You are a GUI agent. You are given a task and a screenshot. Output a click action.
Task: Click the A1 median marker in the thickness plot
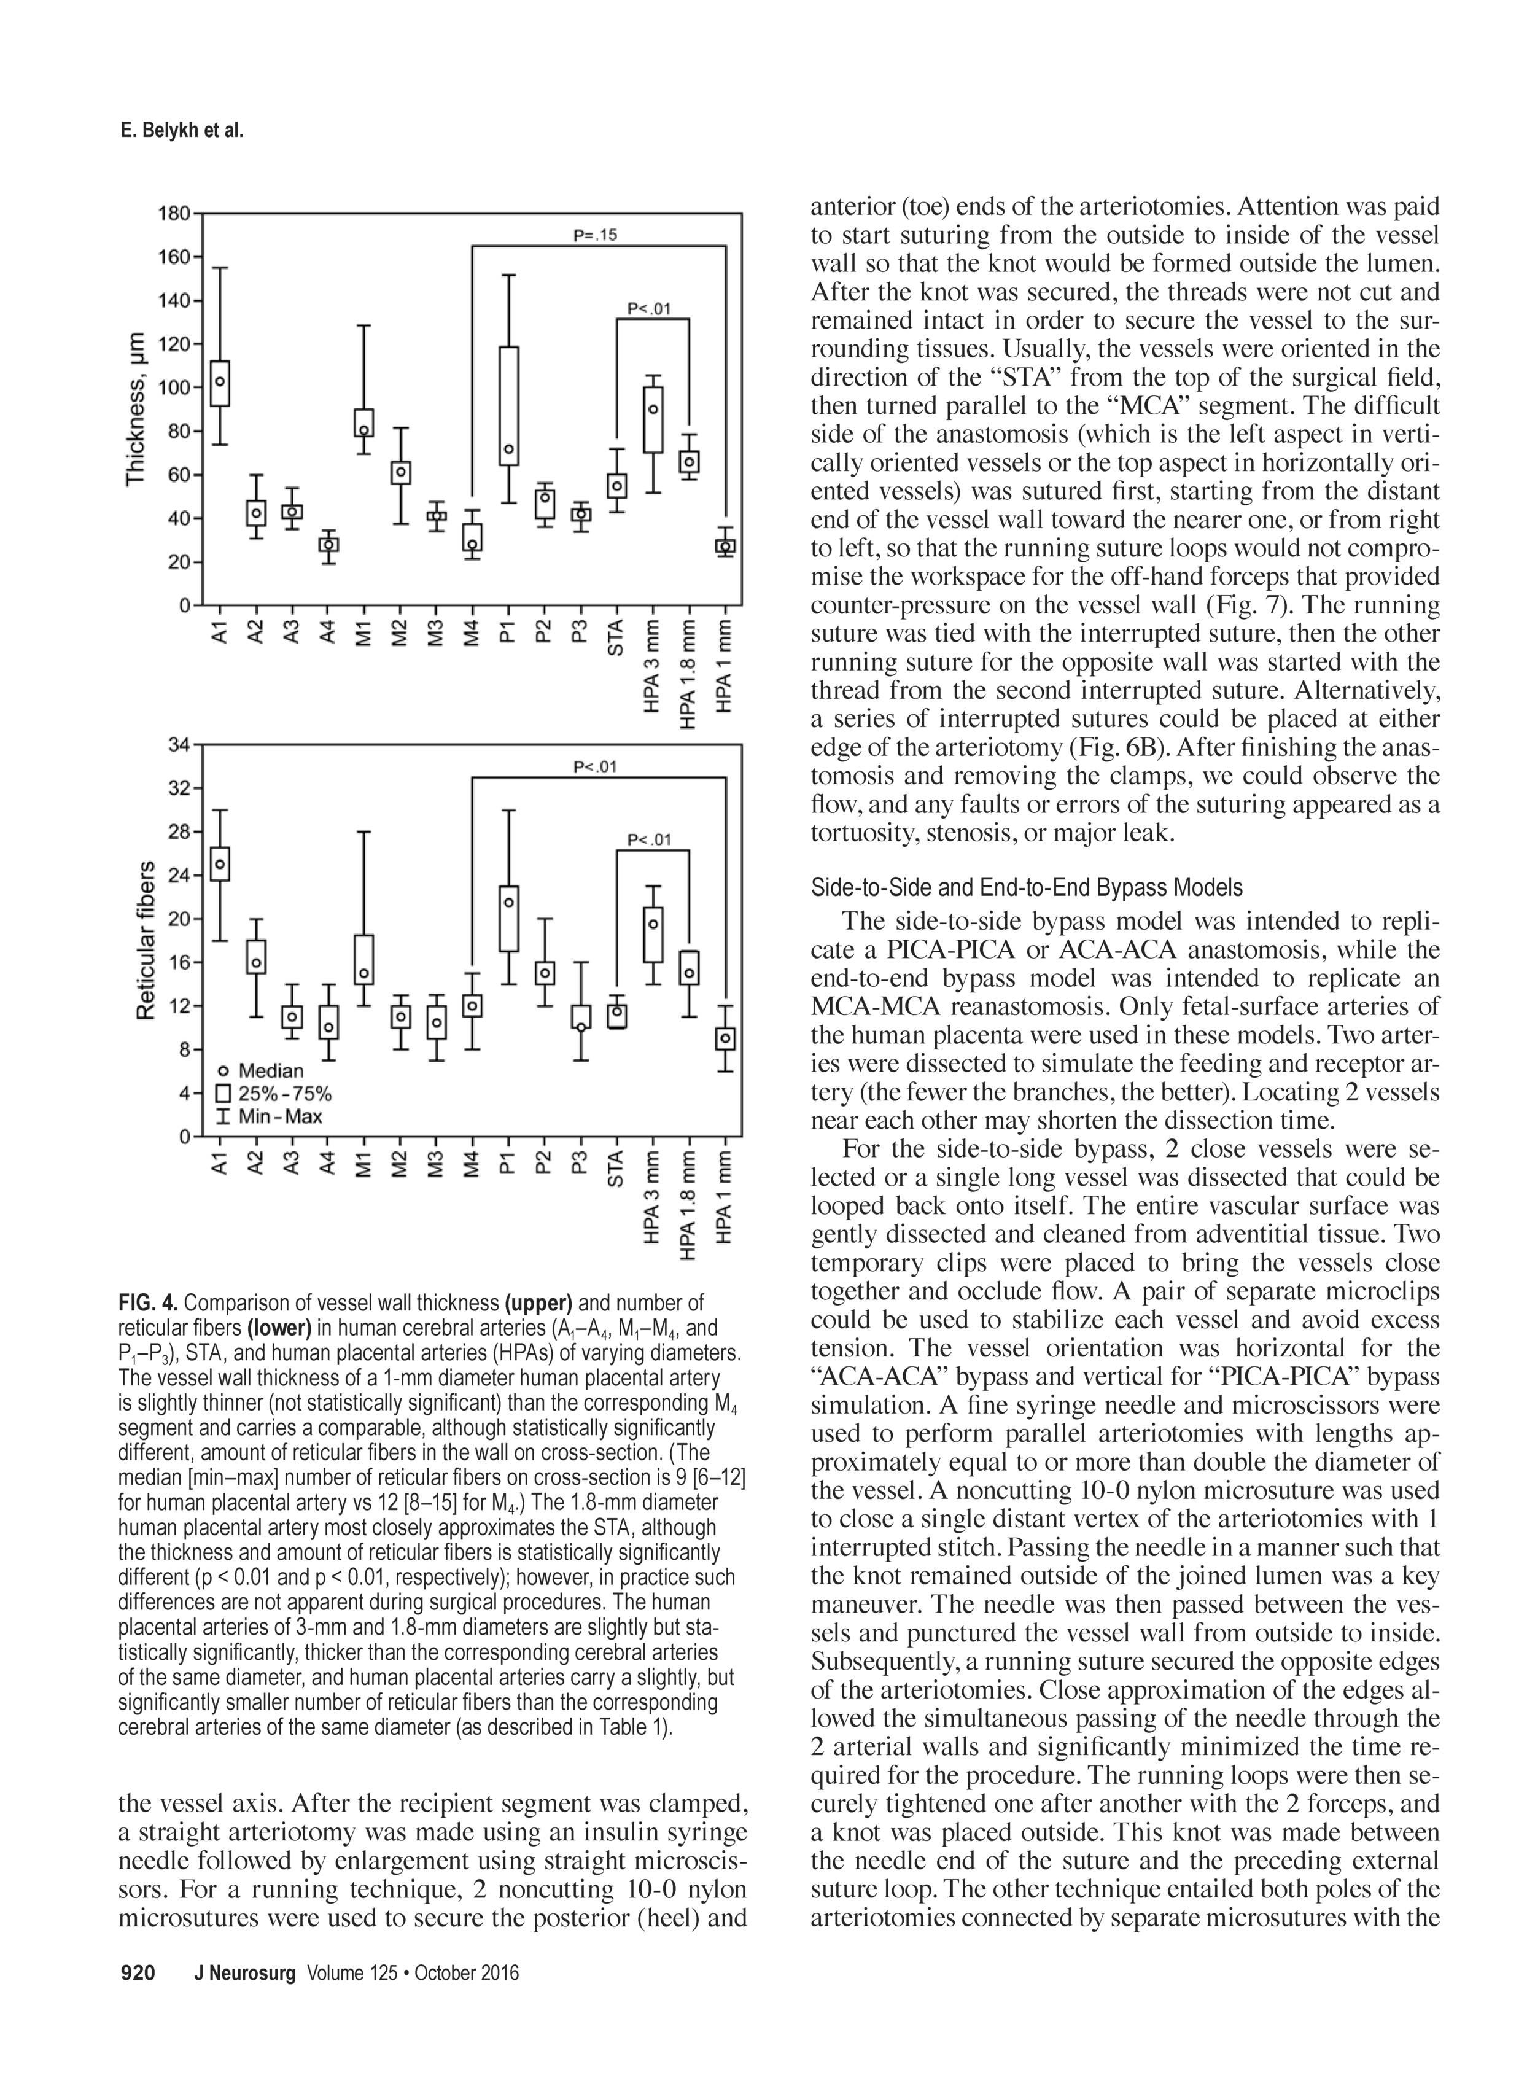click(x=220, y=381)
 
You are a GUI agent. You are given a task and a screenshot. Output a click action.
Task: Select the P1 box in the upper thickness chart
click(x=508, y=406)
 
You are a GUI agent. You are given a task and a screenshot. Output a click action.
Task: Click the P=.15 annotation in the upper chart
click(x=596, y=236)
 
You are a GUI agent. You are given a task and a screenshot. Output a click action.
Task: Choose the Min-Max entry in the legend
click(x=270, y=1116)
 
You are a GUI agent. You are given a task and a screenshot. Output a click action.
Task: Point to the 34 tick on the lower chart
click(x=179, y=744)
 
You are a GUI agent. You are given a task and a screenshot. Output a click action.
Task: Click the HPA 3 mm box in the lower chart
click(x=653, y=935)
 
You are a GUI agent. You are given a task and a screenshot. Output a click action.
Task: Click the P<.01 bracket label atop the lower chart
click(x=596, y=766)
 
